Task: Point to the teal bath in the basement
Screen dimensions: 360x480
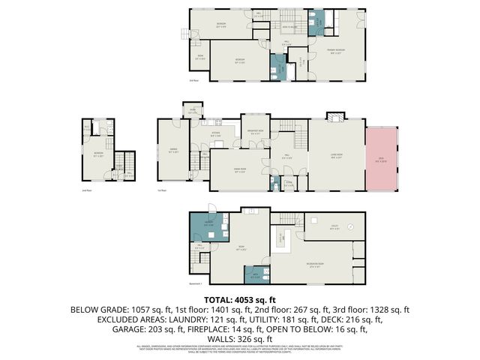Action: click(x=256, y=275)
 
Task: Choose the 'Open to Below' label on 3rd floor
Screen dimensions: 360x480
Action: click(x=293, y=25)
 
